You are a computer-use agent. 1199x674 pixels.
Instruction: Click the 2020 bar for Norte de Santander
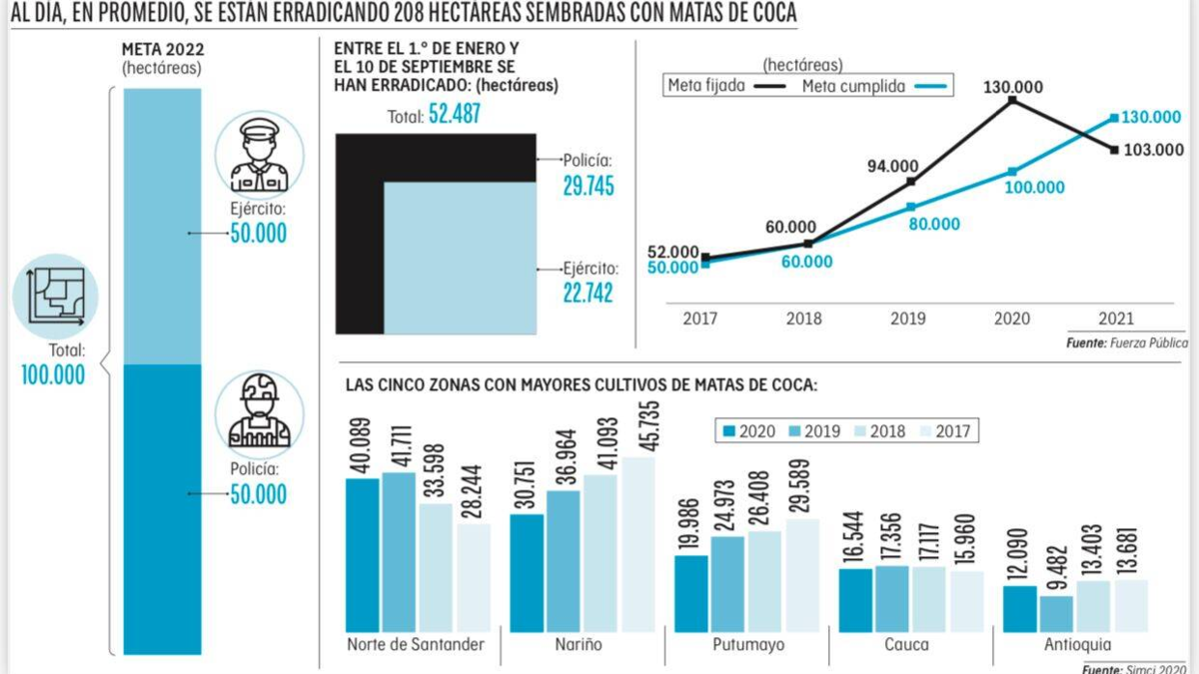click(x=363, y=555)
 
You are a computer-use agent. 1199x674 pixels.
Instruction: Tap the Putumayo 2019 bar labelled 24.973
click(x=727, y=584)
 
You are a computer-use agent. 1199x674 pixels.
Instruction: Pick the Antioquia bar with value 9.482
click(x=1056, y=614)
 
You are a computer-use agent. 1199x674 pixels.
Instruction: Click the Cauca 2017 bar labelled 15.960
click(x=966, y=601)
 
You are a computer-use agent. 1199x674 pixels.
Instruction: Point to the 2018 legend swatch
click(x=857, y=431)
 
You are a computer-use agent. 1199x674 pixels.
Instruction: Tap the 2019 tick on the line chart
click(x=908, y=319)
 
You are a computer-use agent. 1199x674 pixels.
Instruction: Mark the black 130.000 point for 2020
click(x=1012, y=100)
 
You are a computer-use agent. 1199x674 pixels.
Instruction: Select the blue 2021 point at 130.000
click(x=1115, y=118)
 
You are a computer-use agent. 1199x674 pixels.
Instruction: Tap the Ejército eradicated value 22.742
click(x=588, y=293)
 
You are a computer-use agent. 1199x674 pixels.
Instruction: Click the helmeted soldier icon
click(x=259, y=411)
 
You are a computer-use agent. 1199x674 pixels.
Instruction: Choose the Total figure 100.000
click(x=53, y=374)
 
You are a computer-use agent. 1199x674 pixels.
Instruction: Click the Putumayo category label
click(x=748, y=644)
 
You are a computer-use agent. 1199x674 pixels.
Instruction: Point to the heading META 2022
click(x=161, y=50)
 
